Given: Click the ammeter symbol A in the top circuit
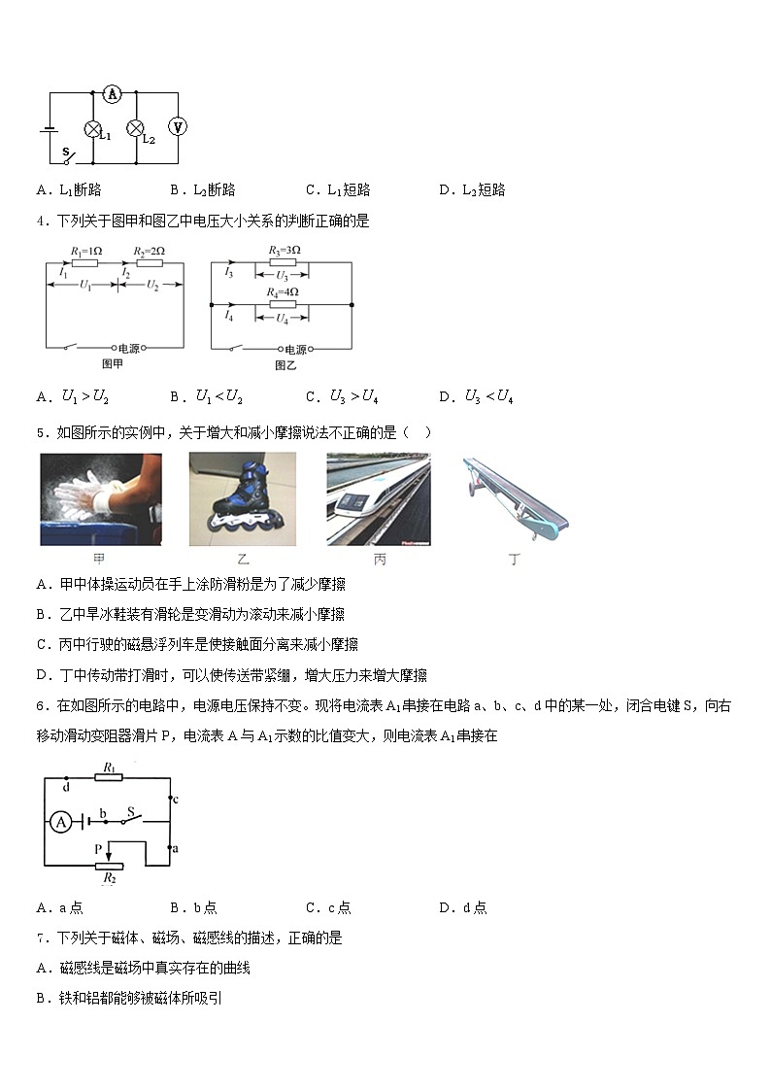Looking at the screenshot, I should click(x=112, y=94).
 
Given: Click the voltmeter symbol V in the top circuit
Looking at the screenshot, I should click(x=178, y=127).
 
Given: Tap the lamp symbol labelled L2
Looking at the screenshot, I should click(x=137, y=128).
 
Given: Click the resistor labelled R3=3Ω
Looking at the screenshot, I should click(x=283, y=262).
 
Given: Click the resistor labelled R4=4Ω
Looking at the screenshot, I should click(x=283, y=304).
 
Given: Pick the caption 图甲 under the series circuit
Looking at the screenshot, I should click(x=112, y=363).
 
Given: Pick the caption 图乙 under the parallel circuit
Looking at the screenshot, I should click(x=285, y=365).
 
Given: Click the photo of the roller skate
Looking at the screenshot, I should click(x=242, y=499).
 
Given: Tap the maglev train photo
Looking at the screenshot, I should click(x=379, y=499).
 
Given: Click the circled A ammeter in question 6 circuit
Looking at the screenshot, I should click(x=60, y=822).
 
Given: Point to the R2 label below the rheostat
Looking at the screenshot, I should click(x=109, y=877).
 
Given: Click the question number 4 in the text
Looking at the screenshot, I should click(x=41, y=222).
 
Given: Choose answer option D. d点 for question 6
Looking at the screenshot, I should click(x=462, y=908).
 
